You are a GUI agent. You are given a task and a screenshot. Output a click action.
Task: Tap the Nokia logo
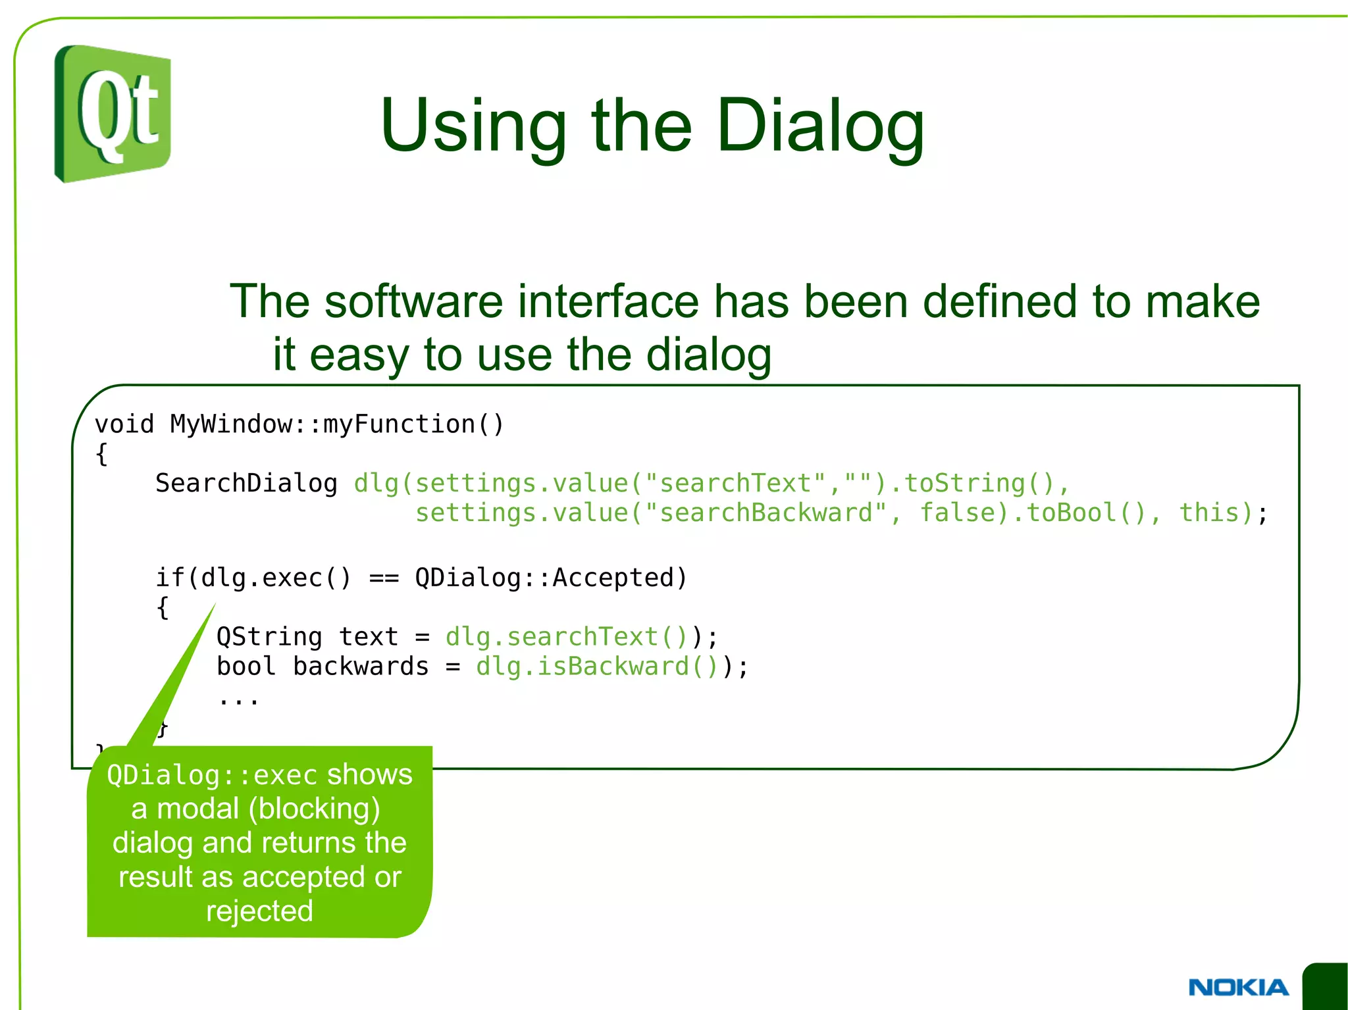tap(1238, 987)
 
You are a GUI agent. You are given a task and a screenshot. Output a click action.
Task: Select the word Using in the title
tap(473, 126)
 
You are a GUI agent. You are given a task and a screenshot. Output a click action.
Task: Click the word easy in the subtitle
tap(360, 355)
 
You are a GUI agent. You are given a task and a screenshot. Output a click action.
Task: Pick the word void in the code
tap(124, 424)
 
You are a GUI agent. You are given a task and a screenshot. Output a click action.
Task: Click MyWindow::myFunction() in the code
tap(337, 424)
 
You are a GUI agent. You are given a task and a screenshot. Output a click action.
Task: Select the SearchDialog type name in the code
tap(246, 484)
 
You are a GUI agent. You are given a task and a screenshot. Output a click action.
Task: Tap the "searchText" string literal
tap(735, 484)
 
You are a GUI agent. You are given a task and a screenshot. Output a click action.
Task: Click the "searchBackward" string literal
tap(765, 513)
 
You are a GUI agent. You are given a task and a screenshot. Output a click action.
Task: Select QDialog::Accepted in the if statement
tap(550, 578)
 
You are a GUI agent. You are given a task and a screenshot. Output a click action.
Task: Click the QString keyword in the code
tap(269, 637)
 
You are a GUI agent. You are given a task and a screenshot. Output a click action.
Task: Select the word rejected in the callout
tap(259, 911)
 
